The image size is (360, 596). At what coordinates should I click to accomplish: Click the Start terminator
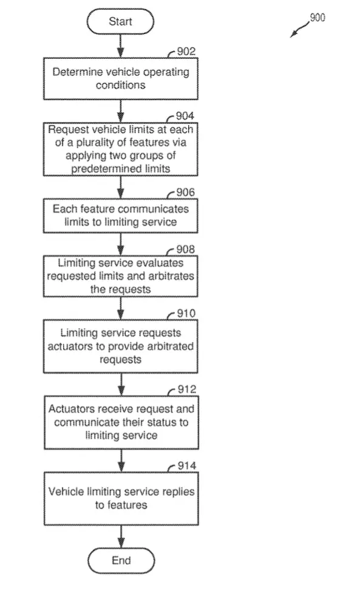point(120,21)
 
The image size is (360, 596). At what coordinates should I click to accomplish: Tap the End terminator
point(121,560)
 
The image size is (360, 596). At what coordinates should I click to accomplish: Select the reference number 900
point(318,18)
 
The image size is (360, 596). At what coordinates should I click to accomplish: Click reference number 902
point(186,51)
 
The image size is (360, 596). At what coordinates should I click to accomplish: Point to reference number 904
point(185,115)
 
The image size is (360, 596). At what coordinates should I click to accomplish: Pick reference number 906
point(185,193)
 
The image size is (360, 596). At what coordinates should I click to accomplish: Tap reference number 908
point(185,249)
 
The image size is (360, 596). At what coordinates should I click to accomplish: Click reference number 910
point(186,313)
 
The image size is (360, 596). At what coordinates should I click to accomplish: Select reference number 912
point(187,389)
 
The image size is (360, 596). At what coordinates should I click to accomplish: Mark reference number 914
point(187,465)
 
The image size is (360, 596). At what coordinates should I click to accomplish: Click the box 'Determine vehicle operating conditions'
point(121,79)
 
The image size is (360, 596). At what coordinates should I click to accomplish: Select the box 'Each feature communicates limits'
point(121,216)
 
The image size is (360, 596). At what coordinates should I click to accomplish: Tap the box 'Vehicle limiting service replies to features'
point(121,499)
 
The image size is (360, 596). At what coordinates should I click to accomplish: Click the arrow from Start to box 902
point(120,46)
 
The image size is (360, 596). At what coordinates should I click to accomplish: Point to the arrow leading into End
point(121,536)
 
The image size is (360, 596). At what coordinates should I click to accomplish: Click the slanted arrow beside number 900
point(300,29)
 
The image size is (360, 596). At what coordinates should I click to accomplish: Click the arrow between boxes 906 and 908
point(120,244)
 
